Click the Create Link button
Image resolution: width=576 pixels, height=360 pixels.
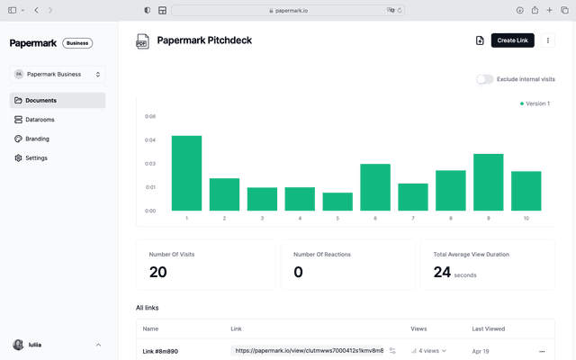coord(513,40)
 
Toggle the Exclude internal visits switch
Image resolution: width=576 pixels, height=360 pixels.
coord(485,79)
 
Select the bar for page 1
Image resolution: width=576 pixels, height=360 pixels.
coord(186,173)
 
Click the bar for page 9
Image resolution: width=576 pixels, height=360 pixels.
coord(489,182)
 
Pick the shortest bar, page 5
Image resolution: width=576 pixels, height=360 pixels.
coord(337,202)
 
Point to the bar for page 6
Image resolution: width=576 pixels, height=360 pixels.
coord(375,187)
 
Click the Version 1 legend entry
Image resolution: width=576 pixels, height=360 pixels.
coord(535,103)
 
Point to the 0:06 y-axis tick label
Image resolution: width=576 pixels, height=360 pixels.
coord(150,116)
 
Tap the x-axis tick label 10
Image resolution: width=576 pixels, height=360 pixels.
coord(526,219)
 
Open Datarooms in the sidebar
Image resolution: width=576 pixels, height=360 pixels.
coord(40,120)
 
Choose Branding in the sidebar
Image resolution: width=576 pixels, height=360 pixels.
coord(37,139)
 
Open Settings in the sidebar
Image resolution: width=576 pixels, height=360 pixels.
coord(36,158)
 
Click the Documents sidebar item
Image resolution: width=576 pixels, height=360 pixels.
coord(40,101)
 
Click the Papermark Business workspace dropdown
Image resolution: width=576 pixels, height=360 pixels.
coord(58,75)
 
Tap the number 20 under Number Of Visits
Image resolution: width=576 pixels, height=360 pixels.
coord(158,272)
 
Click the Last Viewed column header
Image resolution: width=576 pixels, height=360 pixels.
coord(488,328)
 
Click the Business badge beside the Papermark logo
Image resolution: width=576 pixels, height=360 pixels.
coord(77,43)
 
